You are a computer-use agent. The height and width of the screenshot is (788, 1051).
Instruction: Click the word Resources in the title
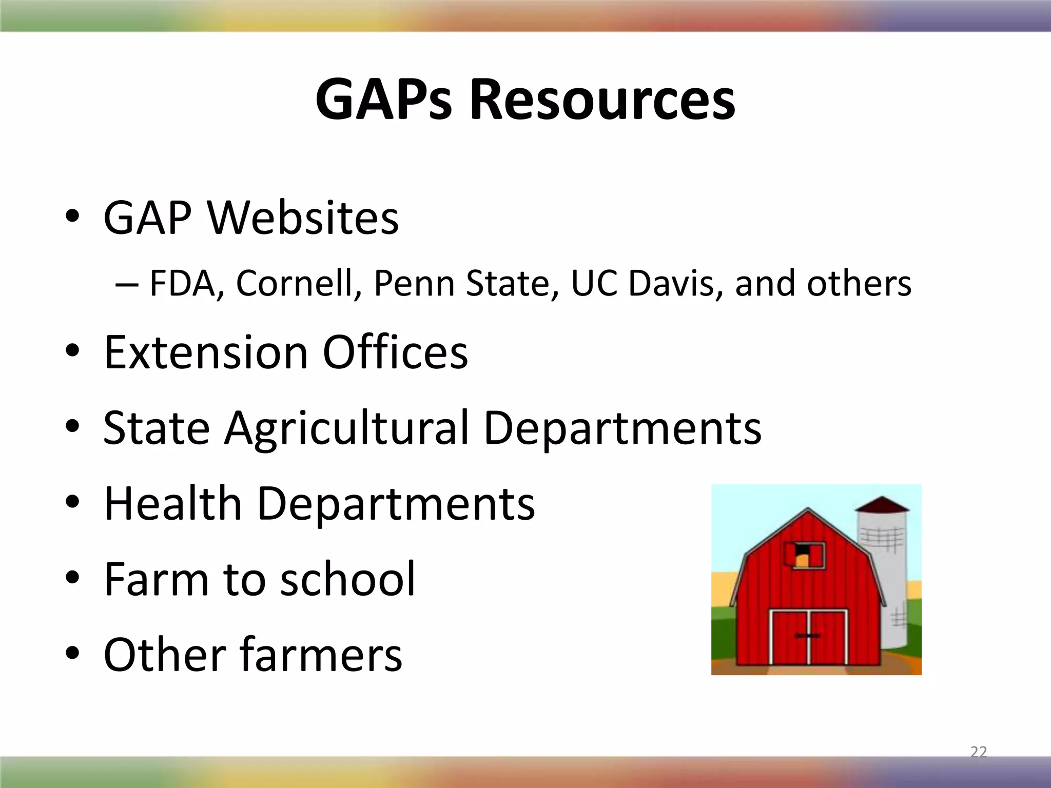click(602, 100)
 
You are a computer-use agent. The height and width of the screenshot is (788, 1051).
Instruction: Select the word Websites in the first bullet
click(303, 219)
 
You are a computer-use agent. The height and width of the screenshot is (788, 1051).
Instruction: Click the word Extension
click(205, 352)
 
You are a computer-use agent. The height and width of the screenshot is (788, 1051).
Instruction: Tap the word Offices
click(395, 352)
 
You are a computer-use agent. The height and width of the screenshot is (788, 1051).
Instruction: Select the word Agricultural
click(346, 428)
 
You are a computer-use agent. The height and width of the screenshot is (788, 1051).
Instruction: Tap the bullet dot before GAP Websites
click(72, 218)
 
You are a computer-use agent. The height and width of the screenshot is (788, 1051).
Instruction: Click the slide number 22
click(979, 752)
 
